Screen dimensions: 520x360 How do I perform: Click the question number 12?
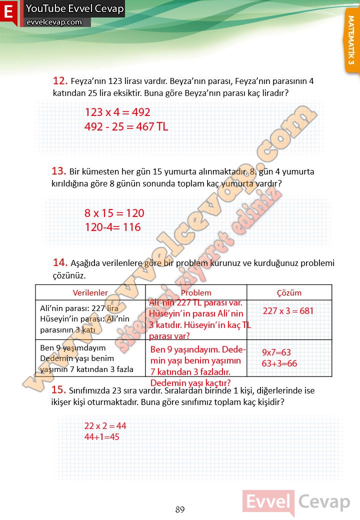pos(60,80)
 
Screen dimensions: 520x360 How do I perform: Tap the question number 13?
pos(59,171)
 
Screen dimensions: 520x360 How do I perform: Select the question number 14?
pos(60,262)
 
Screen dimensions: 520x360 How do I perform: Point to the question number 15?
pos(59,390)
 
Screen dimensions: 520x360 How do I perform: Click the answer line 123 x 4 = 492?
pos(117,112)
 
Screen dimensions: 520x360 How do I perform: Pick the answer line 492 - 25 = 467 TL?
pos(126,127)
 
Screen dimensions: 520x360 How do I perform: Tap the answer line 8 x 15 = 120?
pos(114,213)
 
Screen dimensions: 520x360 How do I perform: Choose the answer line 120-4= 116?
pos(112,227)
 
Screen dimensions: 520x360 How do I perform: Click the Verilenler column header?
pos(90,293)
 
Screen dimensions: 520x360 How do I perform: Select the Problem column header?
pos(196,293)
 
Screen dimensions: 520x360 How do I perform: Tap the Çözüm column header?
pos(289,293)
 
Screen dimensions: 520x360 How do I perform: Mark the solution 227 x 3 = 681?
pos(288,311)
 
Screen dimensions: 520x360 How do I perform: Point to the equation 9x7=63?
pos(276,352)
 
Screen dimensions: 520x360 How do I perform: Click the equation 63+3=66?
pos(279,363)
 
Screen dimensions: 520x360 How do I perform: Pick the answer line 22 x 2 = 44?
pos(105,426)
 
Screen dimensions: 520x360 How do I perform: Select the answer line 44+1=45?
pos(102,436)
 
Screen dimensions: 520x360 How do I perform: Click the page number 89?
pos(180,510)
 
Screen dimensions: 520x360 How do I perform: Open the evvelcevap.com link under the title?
pos(54,22)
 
